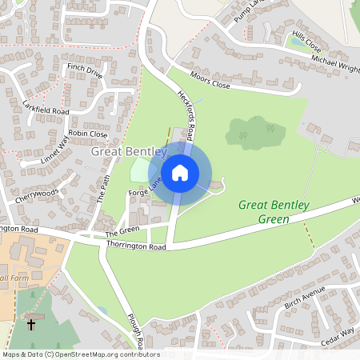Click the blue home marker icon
(x=180, y=172)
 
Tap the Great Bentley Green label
(x=274, y=212)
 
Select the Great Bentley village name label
(x=129, y=151)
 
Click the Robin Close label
(x=88, y=134)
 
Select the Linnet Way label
(x=54, y=149)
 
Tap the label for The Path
(x=102, y=186)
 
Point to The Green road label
(x=122, y=232)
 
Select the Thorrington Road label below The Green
(x=135, y=248)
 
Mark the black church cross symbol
(x=31, y=325)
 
